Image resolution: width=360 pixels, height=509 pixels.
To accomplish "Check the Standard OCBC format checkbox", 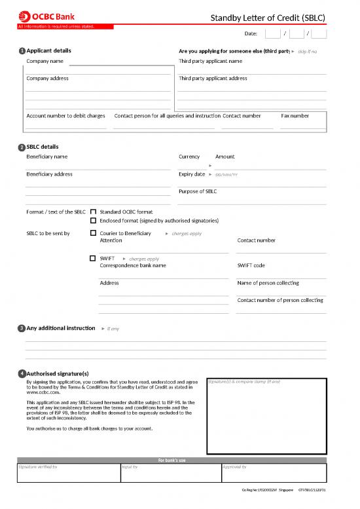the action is [x=93, y=212].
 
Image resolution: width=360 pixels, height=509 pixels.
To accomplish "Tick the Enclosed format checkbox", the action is [x=93, y=221].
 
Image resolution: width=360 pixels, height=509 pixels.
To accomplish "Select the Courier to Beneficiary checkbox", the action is [x=93, y=233].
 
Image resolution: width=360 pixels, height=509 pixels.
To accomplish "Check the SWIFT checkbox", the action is [x=93, y=258].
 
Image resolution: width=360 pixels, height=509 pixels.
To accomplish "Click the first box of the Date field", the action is [x=272, y=34].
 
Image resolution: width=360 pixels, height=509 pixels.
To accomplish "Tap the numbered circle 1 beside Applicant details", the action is [x=22, y=51].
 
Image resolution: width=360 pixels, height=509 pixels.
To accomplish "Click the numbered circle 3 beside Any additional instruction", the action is [x=22, y=328].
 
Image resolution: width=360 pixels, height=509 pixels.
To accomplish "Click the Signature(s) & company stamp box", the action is [x=266, y=416].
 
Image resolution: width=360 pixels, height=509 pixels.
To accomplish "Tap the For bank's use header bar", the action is [x=171, y=460].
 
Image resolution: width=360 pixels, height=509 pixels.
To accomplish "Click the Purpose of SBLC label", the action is [x=198, y=191].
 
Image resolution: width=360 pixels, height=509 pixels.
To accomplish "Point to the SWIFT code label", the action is [x=251, y=265].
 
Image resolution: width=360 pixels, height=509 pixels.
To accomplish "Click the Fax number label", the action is [x=295, y=115].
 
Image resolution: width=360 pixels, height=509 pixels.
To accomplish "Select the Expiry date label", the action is [x=192, y=174].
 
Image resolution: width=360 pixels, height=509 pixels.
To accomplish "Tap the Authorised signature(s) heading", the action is [x=58, y=373].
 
